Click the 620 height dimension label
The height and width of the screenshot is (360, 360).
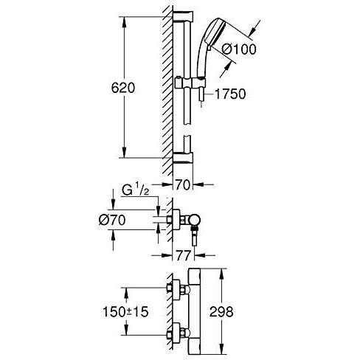point(123,88)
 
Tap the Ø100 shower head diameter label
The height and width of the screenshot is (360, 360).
point(239,49)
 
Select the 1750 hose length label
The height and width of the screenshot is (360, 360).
point(230,94)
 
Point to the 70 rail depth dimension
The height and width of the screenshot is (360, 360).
point(183,184)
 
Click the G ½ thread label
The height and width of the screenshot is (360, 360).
point(136,190)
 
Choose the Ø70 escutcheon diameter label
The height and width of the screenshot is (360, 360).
point(112,220)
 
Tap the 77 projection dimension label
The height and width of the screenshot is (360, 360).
point(184,256)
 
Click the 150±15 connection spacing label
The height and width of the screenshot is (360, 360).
point(125,312)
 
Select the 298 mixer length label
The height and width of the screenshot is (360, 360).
point(221,312)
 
